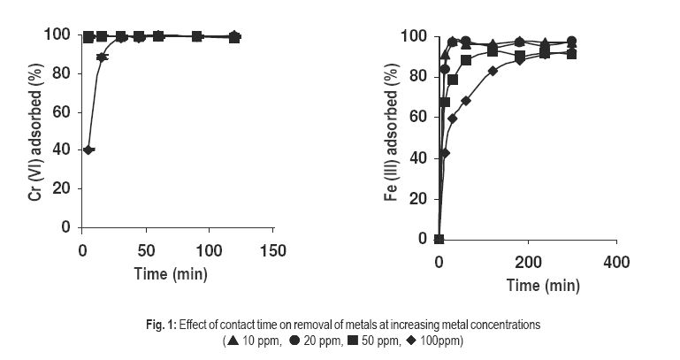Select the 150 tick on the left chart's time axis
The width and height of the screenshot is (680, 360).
tap(274, 250)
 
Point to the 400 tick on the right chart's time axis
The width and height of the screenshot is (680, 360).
tap(615, 263)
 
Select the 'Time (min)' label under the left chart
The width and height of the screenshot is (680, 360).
tap(172, 273)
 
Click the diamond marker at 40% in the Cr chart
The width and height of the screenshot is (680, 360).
tap(88, 149)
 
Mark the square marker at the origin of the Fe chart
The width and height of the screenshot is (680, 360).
tap(439, 239)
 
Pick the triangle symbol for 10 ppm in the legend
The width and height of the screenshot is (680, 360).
tap(232, 341)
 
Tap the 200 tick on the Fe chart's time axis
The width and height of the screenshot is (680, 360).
tap(527, 263)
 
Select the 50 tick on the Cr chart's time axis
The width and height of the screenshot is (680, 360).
tap(146, 250)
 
